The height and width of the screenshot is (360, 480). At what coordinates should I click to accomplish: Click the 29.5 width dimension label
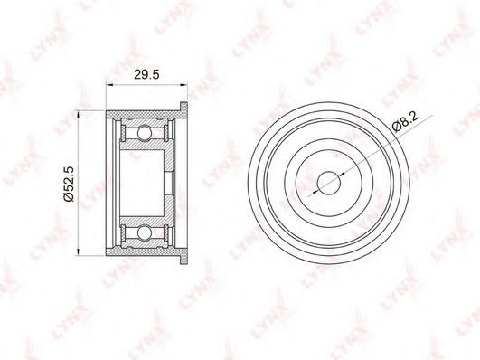click(146, 74)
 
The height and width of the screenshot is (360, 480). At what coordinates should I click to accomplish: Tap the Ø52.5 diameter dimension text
click(69, 184)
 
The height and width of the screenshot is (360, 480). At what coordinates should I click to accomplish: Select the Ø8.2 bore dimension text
click(405, 121)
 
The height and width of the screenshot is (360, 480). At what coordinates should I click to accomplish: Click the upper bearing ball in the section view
click(144, 133)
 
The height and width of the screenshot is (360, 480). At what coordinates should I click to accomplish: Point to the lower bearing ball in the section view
click(144, 232)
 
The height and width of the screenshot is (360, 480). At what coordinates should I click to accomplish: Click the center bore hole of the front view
click(329, 184)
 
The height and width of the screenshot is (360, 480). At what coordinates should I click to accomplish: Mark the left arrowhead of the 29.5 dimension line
click(109, 83)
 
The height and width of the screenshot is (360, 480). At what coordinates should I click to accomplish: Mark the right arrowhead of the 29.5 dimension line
click(184, 83)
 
